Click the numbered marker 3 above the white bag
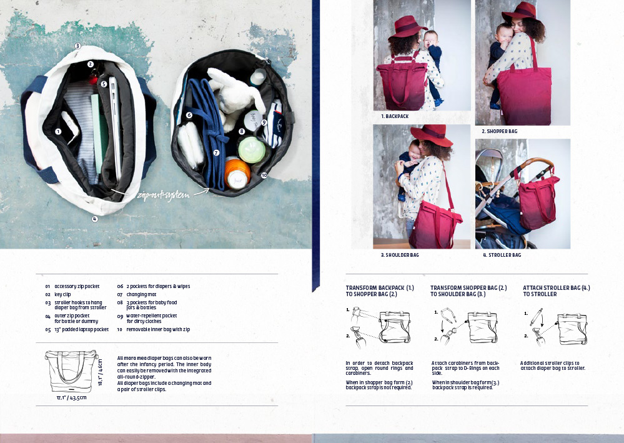pos(77,46)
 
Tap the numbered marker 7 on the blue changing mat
pos(216,152)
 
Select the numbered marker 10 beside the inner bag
pos(264,175)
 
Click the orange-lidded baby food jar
pos(237,173)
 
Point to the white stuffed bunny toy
pos(235,96)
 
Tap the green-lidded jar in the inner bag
pos(252,149)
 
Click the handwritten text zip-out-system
pos(163,195)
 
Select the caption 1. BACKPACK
pos(395,116)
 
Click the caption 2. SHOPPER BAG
pos(500,131)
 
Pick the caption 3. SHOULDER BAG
pos(400,255)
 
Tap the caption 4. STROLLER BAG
pos(502,255)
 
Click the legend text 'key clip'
pos(62,294)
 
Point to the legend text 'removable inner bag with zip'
pos(158,329)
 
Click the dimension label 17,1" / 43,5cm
pos(71,397)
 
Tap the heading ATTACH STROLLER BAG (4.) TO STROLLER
pos(557,291)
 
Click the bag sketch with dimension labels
pos(71,371)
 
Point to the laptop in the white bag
pos(116,128)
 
